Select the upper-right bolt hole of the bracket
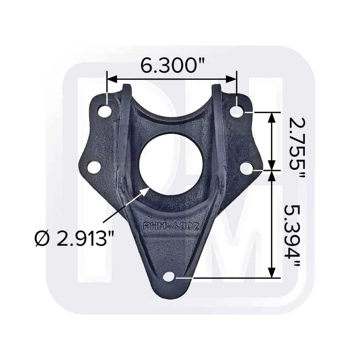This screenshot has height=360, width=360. pos(238,110)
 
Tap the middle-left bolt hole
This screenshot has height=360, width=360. pos(94,167)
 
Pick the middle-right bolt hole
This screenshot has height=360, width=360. pos(248,168)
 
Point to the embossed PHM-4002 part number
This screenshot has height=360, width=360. pos(171,226)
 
